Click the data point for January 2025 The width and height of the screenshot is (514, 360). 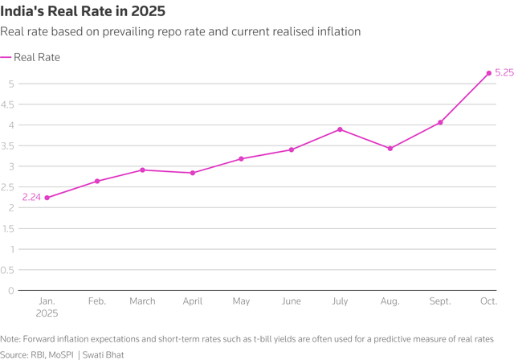[47, 198]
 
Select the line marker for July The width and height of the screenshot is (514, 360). [341, 129]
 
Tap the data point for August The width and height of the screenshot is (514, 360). [390, 149]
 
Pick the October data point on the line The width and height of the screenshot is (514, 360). [488, 73]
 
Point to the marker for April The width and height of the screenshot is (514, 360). [194, 173]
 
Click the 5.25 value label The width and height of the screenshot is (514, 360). [504, 72]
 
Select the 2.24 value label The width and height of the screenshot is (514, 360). [31, 198]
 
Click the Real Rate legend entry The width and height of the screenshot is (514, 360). [36, 57]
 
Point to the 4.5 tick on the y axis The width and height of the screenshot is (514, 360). [10, 104]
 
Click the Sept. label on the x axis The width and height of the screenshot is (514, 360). [439, 301]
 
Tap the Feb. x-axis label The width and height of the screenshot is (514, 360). [96, 301]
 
